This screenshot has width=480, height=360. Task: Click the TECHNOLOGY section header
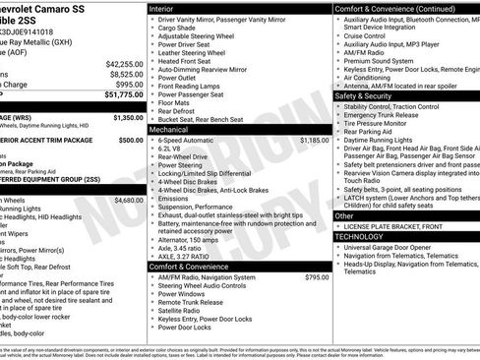pyautogui.click(x=362, y=236)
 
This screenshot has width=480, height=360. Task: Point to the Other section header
pyautogui.click(x=344, y=215)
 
